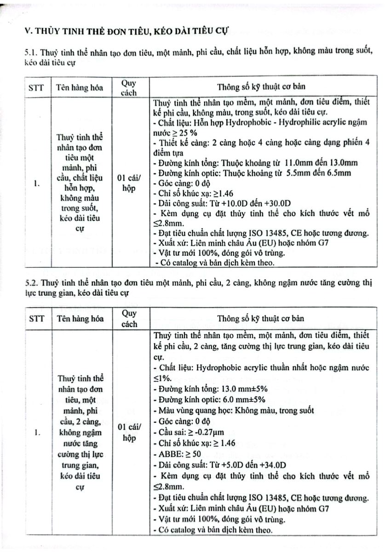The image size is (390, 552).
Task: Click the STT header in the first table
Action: click(x=35, y=87)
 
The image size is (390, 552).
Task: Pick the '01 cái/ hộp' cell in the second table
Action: click(x=129, y=432)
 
